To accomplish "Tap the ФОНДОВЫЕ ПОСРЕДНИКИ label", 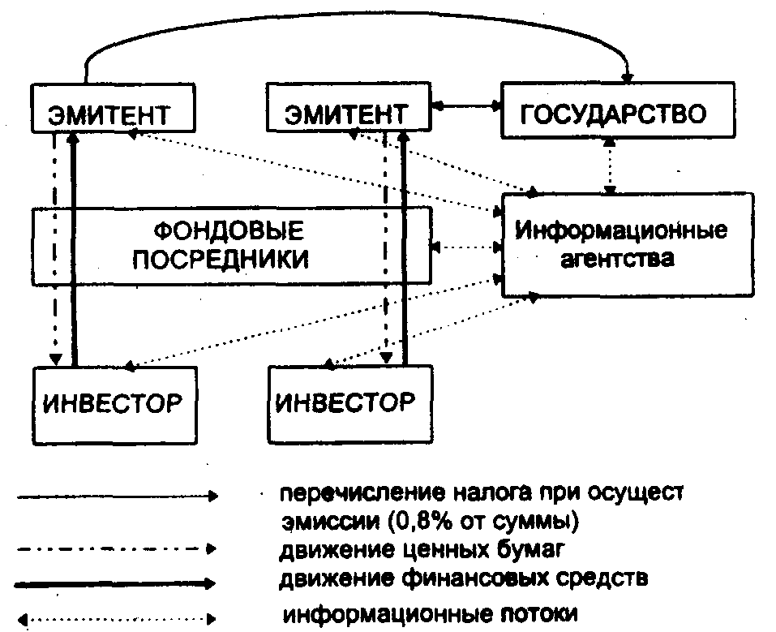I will click(230, 245).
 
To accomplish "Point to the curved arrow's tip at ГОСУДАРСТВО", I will click(627, 78).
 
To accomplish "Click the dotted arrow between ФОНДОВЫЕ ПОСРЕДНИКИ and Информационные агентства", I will click(465, 246).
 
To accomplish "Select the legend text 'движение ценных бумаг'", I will click(409, 552).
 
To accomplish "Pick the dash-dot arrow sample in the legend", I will click(114, 550).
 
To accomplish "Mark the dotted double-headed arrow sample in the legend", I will click(114, 618).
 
